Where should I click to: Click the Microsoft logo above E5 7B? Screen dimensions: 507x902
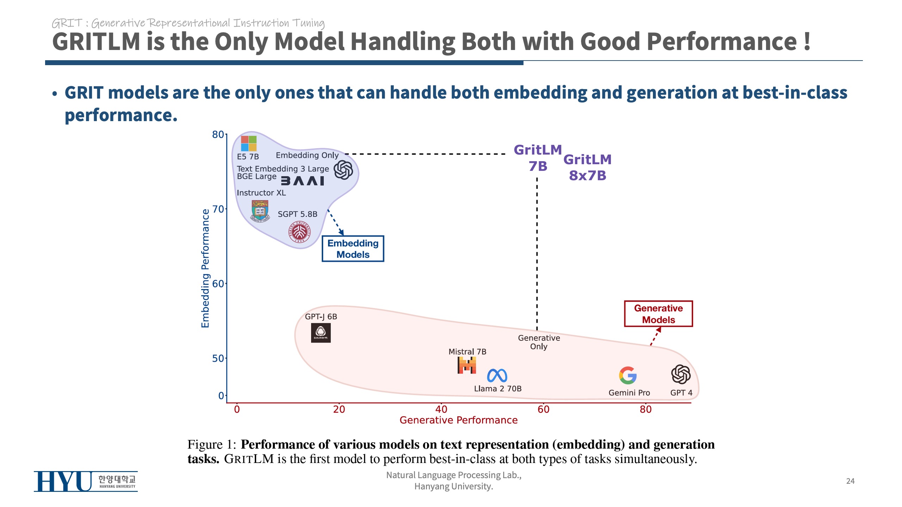point(248,143)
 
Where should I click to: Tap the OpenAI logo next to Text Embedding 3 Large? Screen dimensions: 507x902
point(343,170)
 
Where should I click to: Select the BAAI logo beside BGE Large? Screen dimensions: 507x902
point(302,181)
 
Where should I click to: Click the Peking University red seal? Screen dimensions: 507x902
point(299,232)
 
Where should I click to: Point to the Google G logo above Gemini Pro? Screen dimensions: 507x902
point(628,375)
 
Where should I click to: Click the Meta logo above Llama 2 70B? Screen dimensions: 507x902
point(497,376)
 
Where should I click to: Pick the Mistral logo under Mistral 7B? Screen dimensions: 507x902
point(467,365)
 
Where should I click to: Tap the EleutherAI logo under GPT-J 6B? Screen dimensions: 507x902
point(321,333)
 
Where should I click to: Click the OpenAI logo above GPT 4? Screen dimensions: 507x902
point(681,374)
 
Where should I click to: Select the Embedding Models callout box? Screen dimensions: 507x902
point(353,249)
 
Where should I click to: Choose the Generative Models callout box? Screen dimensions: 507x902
point(658,314)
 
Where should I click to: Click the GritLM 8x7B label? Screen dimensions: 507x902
point(587,167)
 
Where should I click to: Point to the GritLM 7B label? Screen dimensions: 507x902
point(538,158)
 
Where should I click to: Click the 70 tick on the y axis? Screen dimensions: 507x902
point(218,209)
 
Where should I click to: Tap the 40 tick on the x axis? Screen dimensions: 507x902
point(441,409)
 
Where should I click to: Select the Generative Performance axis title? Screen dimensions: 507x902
point(458,420)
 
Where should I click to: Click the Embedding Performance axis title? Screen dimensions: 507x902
point(205,268)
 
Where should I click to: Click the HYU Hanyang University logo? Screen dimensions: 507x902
point(86,481)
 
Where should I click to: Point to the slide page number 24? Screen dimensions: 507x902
point(850,481)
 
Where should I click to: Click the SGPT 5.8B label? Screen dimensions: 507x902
point(297,214)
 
